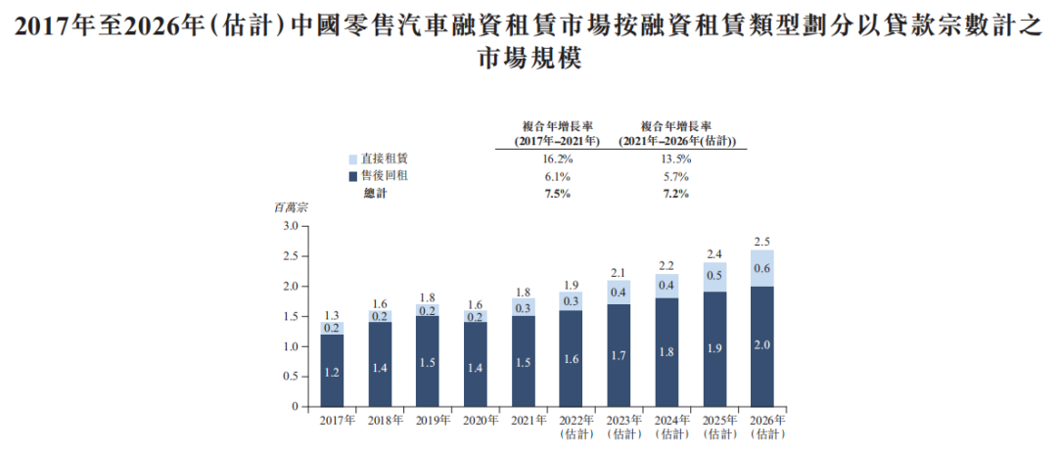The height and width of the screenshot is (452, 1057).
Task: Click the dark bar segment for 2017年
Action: point(332,370)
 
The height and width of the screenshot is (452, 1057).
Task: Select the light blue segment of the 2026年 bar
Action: point(768,268)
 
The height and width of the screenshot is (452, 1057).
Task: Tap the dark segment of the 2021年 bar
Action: point(523,361)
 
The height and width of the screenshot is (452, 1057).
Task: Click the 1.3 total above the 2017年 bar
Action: point(332,315)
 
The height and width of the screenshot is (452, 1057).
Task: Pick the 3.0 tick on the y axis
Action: point(289,226)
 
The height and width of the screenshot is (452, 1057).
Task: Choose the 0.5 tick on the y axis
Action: point(289,377)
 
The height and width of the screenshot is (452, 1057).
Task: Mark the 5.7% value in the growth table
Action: point(675,176)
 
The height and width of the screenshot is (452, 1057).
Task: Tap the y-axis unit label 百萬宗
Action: point(291,208)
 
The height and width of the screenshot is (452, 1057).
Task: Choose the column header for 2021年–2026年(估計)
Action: point(675,133)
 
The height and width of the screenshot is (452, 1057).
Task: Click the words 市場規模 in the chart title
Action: point(528,58)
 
